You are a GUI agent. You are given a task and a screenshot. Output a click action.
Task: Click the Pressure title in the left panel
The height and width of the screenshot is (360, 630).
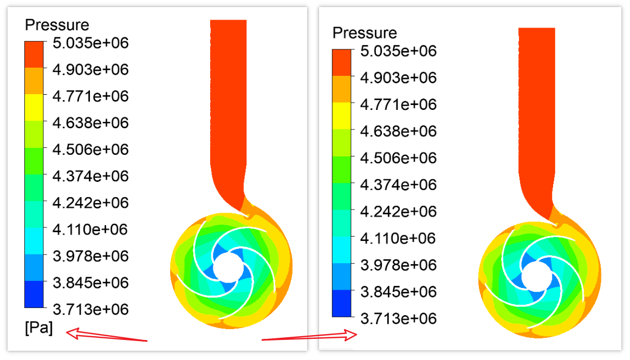[x=57, y=25]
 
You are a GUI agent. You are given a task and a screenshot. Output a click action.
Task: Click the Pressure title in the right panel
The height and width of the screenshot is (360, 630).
[x=365, y=33]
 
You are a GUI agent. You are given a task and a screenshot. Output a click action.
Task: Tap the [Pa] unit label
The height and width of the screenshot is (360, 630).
[x=39, y=329]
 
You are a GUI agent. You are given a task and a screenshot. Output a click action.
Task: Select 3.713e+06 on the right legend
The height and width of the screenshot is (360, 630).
[x=398, y=318]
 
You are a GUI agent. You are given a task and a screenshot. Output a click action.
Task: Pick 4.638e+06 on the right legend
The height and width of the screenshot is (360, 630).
[x=398, y=131]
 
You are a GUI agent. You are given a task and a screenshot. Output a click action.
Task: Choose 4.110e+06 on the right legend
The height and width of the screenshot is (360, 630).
[x=398, y=238]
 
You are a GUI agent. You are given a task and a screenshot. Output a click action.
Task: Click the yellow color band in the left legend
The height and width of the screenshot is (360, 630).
[x=34, y=107]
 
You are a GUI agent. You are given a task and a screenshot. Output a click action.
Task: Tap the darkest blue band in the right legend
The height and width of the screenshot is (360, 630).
[x=341, y=303]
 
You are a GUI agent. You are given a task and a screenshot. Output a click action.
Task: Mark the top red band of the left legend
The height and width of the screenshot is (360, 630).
[x=34, y=54]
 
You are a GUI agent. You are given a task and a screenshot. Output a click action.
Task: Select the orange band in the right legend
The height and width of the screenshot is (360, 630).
[x=341, y=89]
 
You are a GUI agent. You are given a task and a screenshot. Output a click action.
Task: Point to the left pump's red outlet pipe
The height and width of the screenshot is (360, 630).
[x=228, y=108]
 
